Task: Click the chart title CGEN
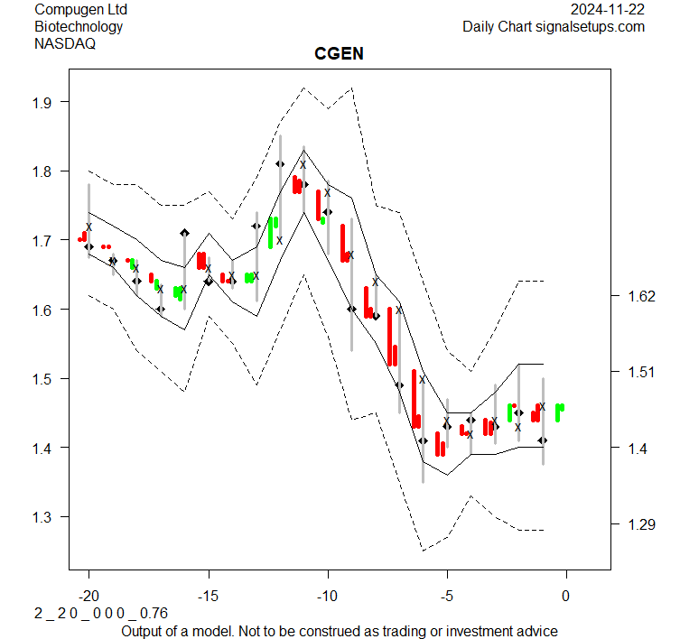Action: coord(339,53)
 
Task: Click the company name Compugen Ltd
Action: coord(80,9)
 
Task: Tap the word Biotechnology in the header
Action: coord(79,26)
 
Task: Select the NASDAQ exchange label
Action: coord(63,42)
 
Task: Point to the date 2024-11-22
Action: coord(608,9)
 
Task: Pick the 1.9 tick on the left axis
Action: coord(45,102)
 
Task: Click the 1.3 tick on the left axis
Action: coord(45,517)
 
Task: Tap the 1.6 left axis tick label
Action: coord(45,310)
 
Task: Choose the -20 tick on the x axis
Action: coord(88,596)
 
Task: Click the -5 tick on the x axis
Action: coord(447,596)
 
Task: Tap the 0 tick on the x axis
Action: coord(566,596)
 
